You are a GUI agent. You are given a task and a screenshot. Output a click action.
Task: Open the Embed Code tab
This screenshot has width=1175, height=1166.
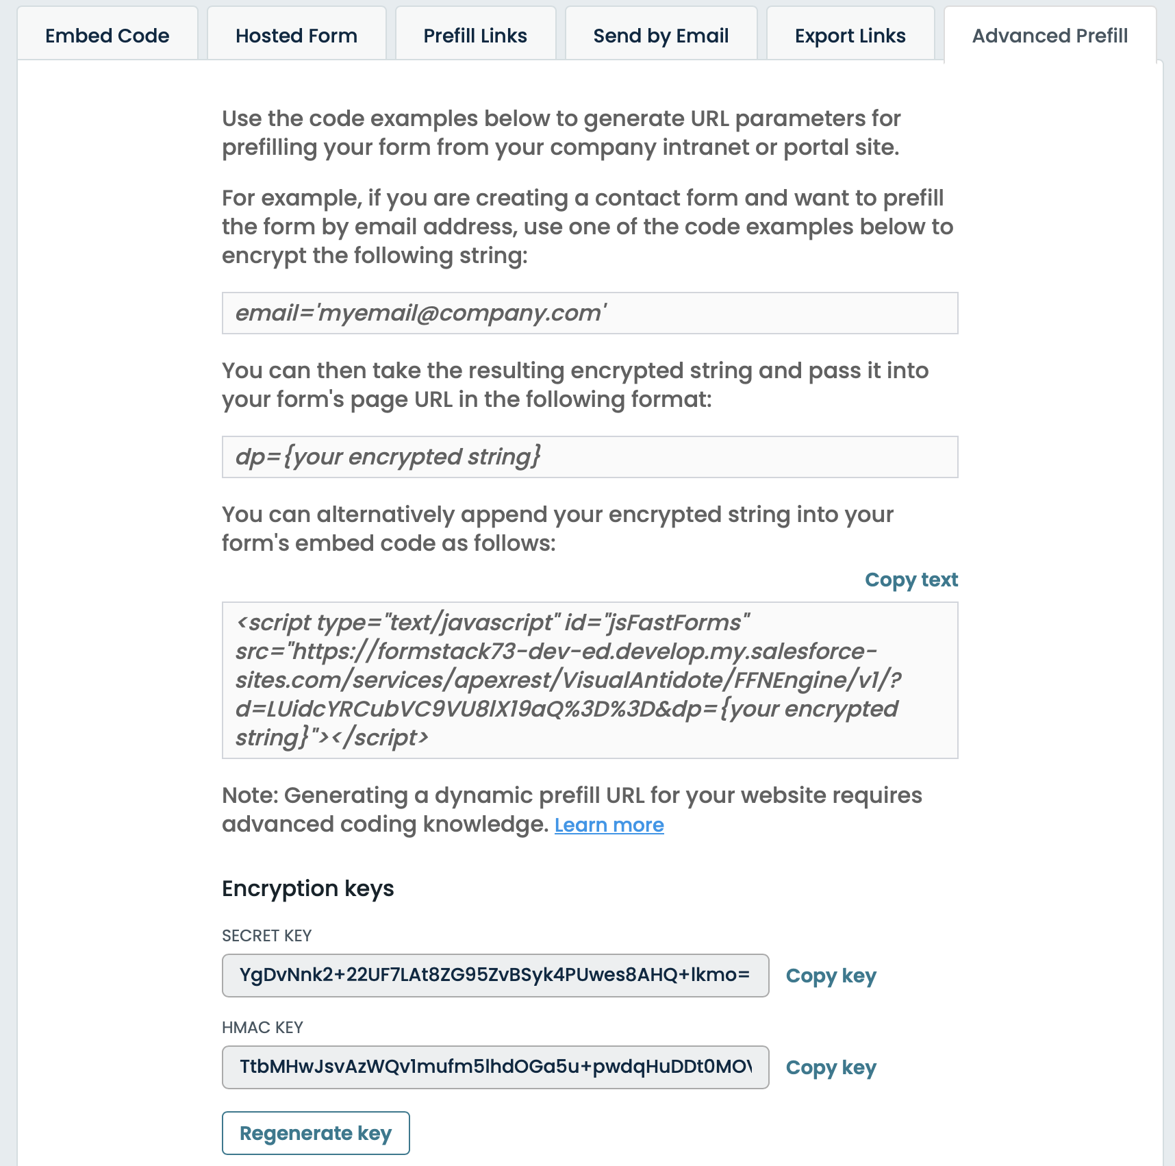(108, 36)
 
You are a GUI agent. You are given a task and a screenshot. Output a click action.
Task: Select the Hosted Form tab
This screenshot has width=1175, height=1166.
(296, 36)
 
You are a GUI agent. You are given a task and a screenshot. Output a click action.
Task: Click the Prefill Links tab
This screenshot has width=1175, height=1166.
(475, 36)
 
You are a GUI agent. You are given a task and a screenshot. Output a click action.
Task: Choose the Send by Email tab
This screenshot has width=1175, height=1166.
(661, 36)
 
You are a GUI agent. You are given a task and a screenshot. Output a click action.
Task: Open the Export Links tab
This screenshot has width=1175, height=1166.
(850, 36)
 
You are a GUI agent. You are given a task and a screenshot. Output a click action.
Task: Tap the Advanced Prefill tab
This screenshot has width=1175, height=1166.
(1050, 36)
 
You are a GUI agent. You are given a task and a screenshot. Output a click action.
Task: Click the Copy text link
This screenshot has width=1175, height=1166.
(911, 580)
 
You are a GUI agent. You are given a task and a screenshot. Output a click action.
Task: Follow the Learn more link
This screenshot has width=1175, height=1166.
(609, 825)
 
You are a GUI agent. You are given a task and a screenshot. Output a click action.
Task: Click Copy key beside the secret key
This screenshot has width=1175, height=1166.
(831, 976)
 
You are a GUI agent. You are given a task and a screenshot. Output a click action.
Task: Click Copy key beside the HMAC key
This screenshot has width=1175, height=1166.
(831, 1067)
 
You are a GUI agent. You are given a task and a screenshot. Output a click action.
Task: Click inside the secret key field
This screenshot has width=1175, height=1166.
(495, 975)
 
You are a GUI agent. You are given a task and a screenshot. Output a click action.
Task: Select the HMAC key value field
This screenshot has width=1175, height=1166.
(495, 1067)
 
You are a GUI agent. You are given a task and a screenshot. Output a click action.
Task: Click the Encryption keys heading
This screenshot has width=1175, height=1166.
(307, 889)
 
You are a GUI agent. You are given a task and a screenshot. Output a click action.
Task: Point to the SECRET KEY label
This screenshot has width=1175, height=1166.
(266, 936)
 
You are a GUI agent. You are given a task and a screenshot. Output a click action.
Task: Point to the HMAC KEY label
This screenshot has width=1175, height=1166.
(262, 1028)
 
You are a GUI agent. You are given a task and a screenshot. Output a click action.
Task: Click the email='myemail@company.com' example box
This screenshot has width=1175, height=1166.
(590, 313)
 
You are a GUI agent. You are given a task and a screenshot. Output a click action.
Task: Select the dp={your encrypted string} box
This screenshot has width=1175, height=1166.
(590, 457)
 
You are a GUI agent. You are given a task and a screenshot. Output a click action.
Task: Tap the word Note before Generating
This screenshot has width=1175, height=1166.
(249, 795)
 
